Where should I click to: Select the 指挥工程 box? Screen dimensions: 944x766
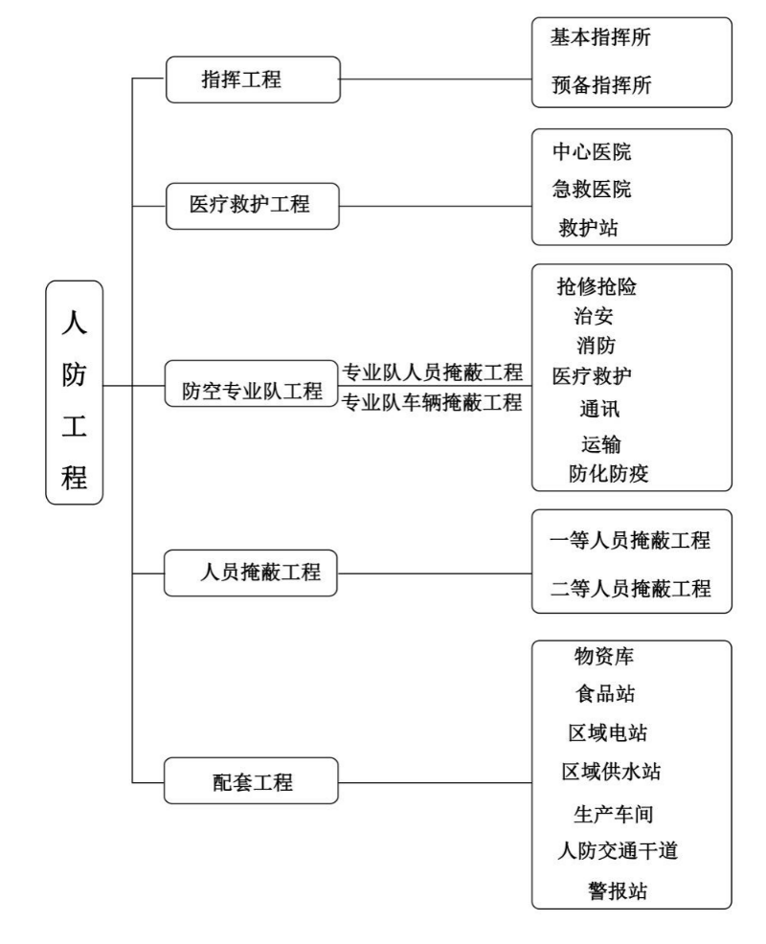241,79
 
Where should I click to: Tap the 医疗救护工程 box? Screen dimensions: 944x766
251,205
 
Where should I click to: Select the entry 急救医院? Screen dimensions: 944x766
592,189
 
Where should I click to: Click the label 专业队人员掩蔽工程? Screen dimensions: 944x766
433,371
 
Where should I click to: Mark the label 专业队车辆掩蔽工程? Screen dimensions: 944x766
433,402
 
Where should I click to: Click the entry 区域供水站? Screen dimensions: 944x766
612,771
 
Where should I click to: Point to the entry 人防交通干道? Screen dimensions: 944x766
618,849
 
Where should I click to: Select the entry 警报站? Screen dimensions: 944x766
617,891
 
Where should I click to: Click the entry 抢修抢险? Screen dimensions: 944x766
597,285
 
